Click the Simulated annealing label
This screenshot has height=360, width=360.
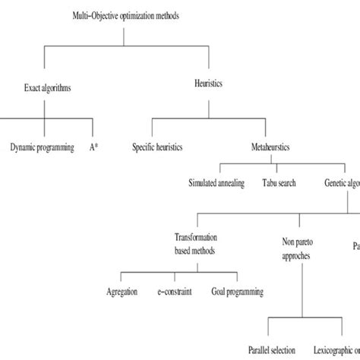click(217, 183)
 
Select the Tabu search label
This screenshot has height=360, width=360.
click(278, 183)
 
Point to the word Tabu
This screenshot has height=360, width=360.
click(268, 183)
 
